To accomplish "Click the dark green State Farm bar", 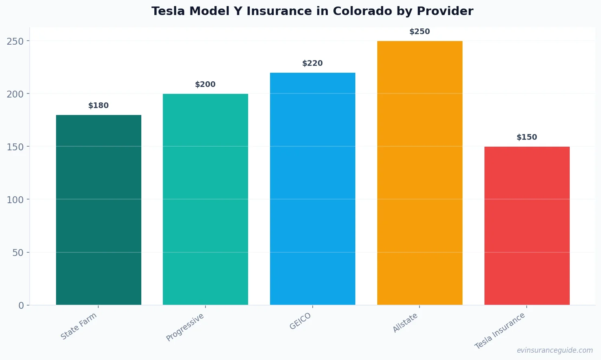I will [99, 210].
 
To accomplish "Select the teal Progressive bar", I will [205, 199].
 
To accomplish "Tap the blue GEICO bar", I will [313, 189].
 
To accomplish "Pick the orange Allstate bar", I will [419, 173].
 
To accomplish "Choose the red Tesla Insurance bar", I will [527, 226].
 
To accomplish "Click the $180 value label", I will [99, 106].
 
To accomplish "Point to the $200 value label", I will [205, 85].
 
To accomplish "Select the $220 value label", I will [313, 63].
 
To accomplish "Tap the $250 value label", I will [419, 32].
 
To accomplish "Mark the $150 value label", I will [527, 137].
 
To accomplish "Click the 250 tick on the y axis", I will [15, 41].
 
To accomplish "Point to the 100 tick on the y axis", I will [15, 200].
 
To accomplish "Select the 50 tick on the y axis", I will [18, 252].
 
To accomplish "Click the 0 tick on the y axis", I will [21, 306].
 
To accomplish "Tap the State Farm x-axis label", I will [79, 326].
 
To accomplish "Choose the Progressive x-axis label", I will [186, 327].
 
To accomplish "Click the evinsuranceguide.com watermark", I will [555, 350].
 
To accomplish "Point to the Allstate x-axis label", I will [405, 323].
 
